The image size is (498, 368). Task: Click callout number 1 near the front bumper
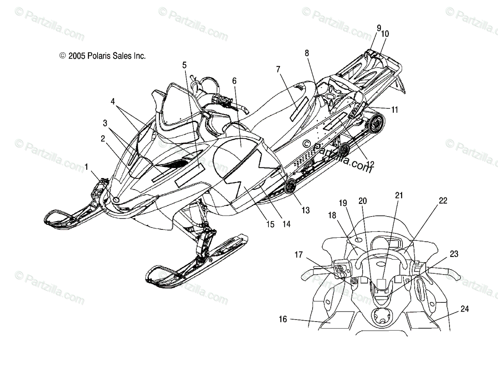coord(86,167)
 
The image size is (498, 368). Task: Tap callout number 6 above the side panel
coord(234,81)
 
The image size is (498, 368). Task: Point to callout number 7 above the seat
coord(278,69)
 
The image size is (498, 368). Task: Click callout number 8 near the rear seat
coord(307,53)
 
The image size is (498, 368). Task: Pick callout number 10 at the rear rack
coord(385,34)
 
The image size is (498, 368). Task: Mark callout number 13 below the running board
coord(305,210)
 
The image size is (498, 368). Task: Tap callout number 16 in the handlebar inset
coord(283,319)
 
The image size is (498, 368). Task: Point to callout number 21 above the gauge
coord(399,195)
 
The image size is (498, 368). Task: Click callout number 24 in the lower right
coord(464,309)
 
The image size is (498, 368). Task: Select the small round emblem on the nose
coord(116,200)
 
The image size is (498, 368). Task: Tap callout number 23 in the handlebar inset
coord(454,254)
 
